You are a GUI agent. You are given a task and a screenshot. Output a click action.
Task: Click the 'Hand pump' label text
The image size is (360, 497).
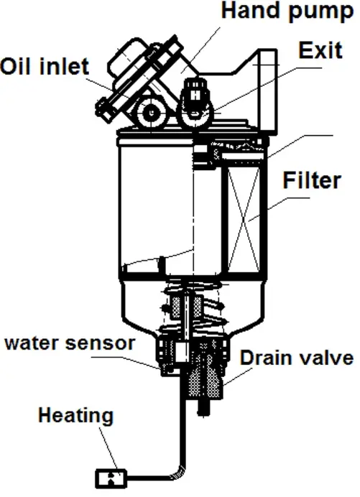click(287, 12)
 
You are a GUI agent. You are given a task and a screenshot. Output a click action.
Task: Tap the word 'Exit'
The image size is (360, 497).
click(320, 50)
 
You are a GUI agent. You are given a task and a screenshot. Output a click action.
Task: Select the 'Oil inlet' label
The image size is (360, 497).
click(45, 66)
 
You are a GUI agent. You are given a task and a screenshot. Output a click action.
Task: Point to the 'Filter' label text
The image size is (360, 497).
click(312, 180)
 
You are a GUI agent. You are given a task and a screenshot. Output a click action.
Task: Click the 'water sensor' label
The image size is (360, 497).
click(70, 343)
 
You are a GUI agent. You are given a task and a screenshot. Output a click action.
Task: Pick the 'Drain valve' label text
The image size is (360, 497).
click(297, 358)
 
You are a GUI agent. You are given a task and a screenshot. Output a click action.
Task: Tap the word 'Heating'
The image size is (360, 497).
click(75, 416)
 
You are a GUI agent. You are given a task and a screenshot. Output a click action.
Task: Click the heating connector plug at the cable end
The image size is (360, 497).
click(111, 478)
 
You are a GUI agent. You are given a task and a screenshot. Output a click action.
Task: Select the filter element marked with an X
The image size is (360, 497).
click(244, 218)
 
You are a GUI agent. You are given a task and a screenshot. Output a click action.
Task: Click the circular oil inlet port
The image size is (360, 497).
click(152, 113)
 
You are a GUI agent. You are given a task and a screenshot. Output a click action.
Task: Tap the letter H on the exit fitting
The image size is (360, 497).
click(196, 95)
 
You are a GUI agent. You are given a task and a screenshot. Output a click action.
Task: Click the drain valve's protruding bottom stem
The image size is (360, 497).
click(203, 408)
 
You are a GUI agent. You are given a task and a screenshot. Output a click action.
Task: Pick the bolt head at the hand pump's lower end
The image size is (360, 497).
click(104, 111)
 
